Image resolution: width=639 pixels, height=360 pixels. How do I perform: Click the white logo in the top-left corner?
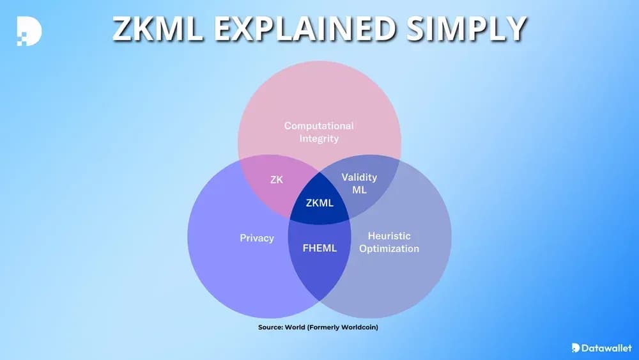click(29, 29)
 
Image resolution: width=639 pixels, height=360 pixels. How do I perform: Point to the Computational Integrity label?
click(319, 132)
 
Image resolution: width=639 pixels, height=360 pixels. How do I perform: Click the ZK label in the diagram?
click(277, 180)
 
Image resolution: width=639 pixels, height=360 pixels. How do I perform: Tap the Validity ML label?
click(359, 184)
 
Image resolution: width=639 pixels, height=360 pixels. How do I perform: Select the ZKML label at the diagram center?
click(319, 203)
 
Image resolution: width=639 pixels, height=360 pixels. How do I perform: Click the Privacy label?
click(257, 238)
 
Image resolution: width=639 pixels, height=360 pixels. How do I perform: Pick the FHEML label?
click(319, 247)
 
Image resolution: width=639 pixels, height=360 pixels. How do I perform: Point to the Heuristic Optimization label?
click(389, 242)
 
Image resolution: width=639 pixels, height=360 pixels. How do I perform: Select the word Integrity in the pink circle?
click(319, 138)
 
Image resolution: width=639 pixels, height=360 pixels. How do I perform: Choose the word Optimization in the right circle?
click(389, 249)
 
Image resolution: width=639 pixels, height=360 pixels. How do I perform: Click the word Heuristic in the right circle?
click(389, 236)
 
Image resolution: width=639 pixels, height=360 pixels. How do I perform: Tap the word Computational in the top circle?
click(319, 126)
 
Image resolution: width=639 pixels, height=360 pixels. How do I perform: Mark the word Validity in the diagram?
click(359, 177)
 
